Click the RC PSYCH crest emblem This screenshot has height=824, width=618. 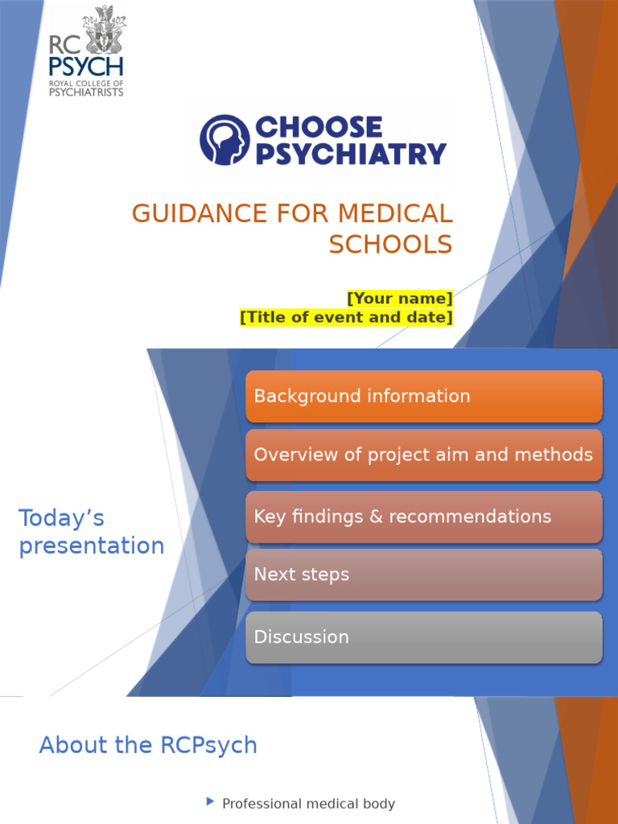click(x=104, y=30)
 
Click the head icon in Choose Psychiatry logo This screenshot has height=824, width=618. click(x=225, y=139)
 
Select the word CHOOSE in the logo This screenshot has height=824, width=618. click(x=319, y=127)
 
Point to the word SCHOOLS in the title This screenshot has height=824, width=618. click(x=390, y=245)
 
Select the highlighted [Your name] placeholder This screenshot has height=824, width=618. click(x=399, y=299)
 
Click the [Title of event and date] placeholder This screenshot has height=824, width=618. click(x=346, y=317)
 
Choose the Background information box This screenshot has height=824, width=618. click(x=423, y=396)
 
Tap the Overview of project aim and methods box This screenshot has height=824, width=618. click(x=423, y=455)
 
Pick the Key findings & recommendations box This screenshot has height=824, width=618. click(x=423, y=517)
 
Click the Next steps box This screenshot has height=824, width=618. click(x=423, y=575)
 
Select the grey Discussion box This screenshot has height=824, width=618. click(x=423, y=637)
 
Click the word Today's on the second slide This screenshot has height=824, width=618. click(x=62, y=518)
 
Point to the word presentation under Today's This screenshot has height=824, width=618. click(x=92, y=546)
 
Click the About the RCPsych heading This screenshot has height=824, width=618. click(x=148, y=745)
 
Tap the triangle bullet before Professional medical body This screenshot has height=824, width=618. click(x=211, y=801)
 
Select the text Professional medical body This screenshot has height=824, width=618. click(x=308, y=804)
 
